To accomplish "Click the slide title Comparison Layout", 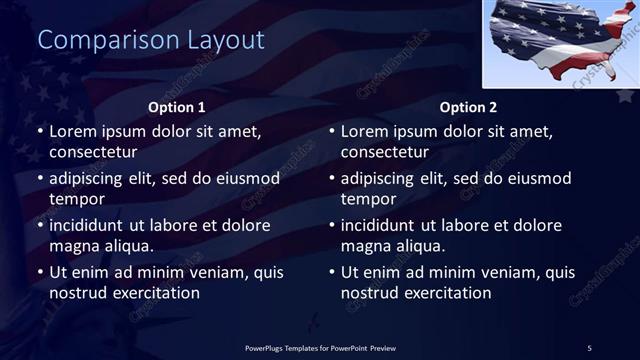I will coord(151,40).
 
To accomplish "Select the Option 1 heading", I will coord(177,107).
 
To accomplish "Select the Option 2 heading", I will coord(468,107).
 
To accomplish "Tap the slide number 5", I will coord(589,347).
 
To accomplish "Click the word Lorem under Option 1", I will coord(72,132).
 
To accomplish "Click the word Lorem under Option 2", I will coord(364,132).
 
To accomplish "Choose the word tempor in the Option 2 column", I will coord(367,199).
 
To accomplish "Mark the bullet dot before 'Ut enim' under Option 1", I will coord(40,272).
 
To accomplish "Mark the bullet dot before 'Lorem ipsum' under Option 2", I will coord(332,132).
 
